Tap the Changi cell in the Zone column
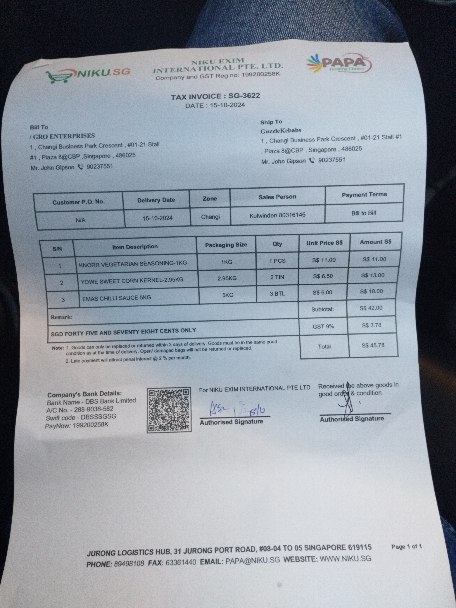pos(210,217)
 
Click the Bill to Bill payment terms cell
pos(363,213)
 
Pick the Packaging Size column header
pos(226,245)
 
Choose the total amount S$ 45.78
pos(373,345)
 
